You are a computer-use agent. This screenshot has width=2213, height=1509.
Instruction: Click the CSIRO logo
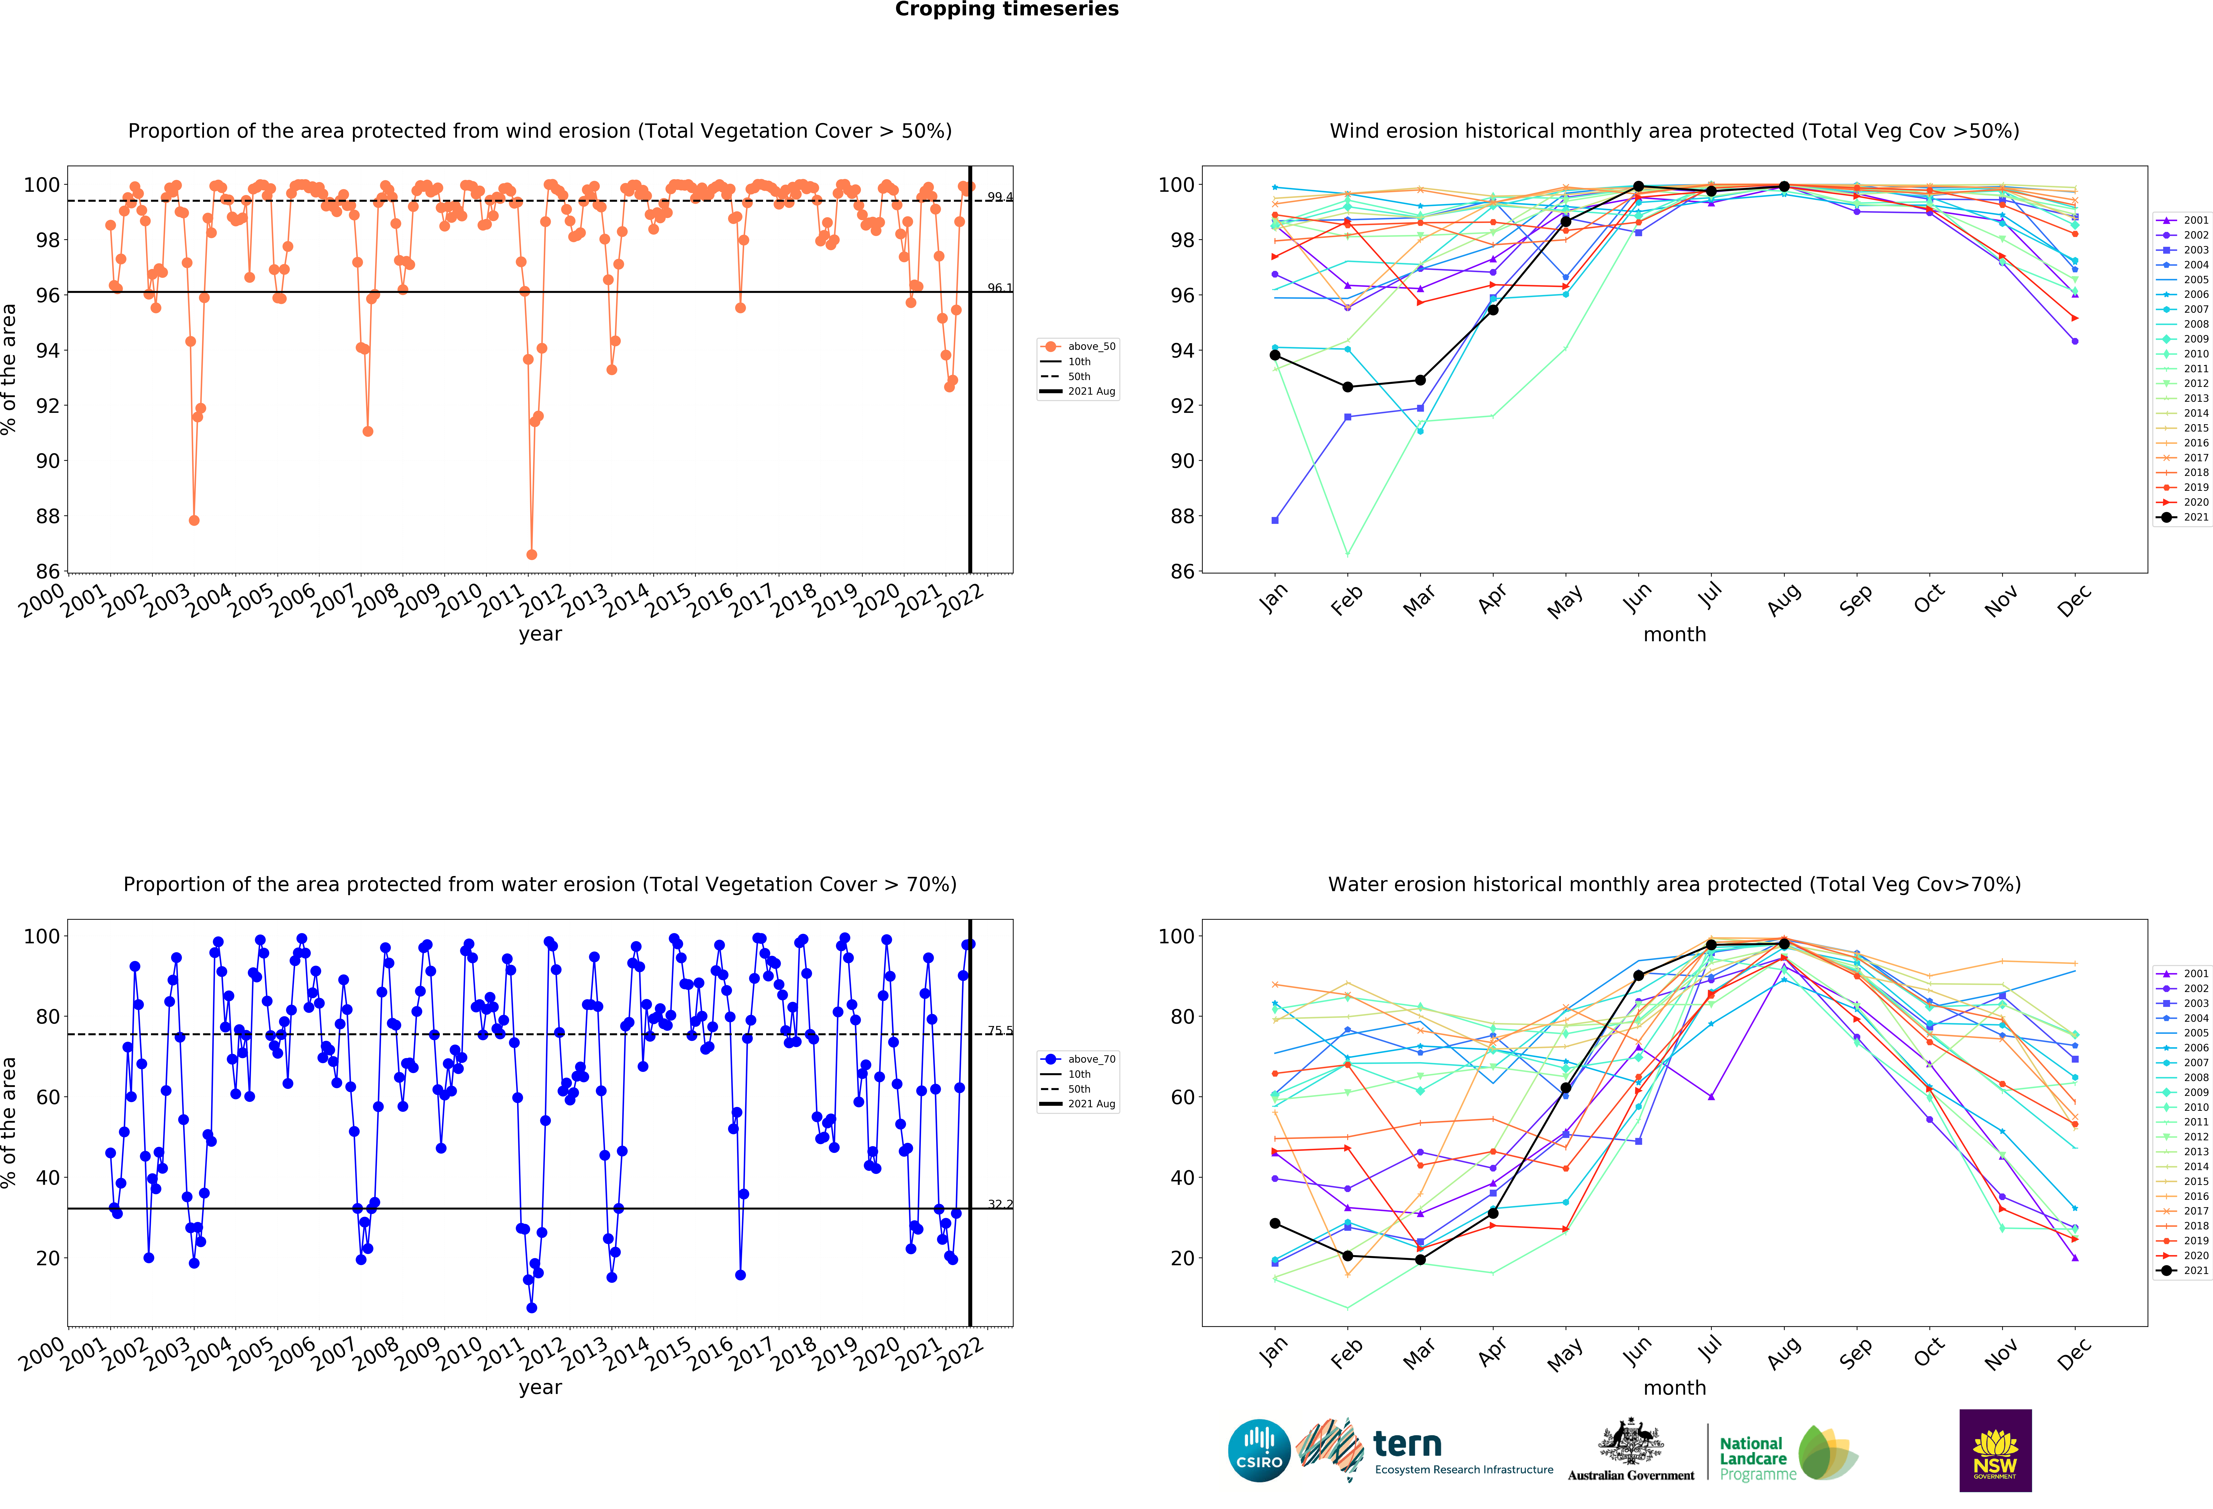coord(1259,1451)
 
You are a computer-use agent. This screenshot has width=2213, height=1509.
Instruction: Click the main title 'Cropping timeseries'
coord(1007,9)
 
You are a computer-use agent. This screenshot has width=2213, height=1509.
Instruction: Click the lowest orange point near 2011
coord(531,554)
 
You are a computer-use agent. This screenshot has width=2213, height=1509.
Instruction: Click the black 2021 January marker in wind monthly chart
coord(1275,355)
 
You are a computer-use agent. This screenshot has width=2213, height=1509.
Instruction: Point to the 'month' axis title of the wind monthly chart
coord(1674,634)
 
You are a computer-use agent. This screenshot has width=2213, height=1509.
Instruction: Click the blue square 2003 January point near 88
coord(1275,520)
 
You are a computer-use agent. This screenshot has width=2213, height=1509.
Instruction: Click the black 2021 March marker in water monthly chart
coord(1420,1259)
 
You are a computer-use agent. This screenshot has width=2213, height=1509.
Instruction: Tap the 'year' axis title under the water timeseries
coord(540,1387)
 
